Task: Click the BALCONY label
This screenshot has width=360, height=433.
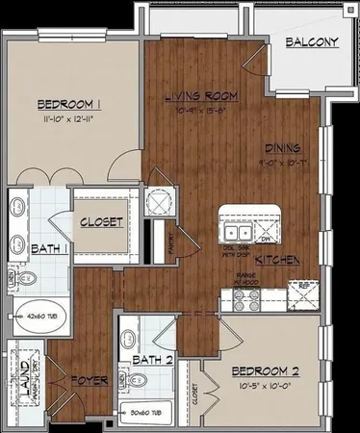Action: (310, 41)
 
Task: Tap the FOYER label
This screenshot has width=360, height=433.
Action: (89, 379)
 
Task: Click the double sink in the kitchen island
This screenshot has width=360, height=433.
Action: (236, 232)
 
